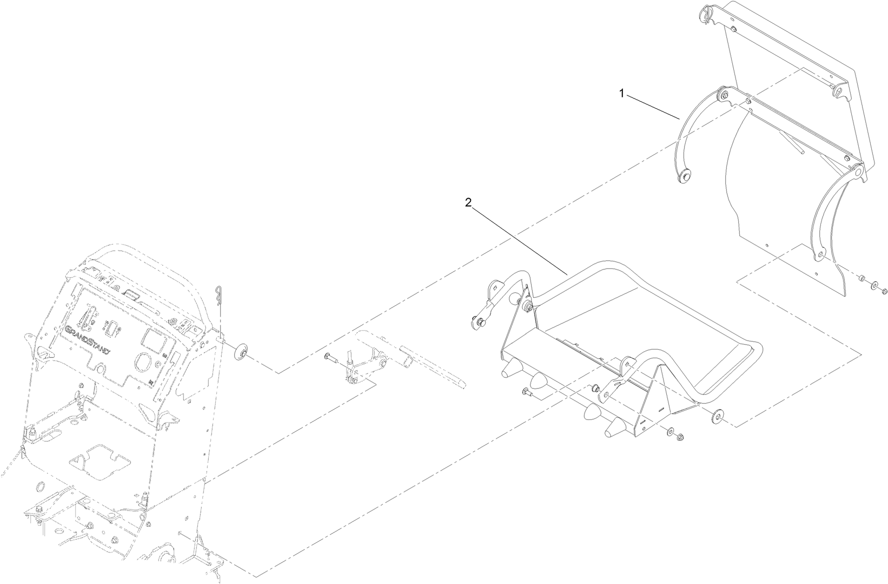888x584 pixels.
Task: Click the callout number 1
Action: [x=622, y=93]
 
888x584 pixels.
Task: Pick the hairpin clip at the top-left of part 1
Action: [x=707, y=11]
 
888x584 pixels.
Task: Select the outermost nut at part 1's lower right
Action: [x=885, y=291]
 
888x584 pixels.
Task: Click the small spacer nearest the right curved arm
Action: [x=859, y=278]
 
